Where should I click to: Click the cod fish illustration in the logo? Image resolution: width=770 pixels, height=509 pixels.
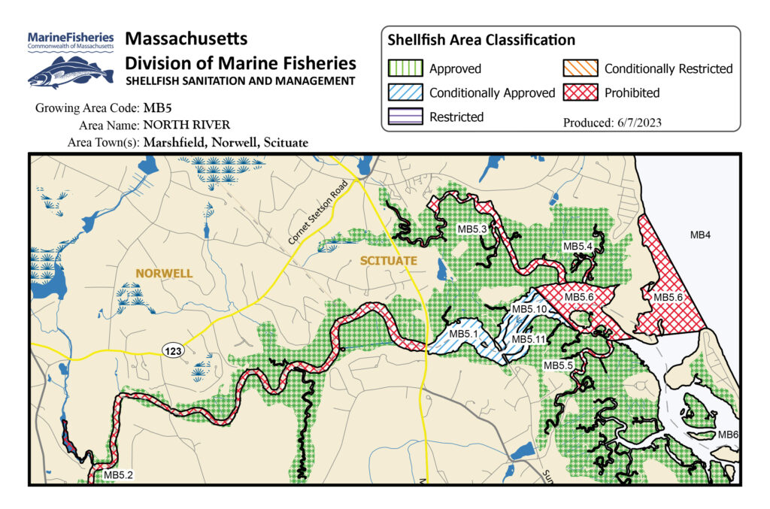coord(68,73)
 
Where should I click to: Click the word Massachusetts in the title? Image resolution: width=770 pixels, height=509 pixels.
coord(186,38)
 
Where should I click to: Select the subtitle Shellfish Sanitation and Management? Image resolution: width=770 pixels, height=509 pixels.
coord(240,81)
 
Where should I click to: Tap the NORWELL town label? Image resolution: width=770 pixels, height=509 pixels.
coord(164,274)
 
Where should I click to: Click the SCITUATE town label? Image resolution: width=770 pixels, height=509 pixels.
coord(387,261)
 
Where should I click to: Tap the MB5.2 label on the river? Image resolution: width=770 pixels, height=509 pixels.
coord(119,474)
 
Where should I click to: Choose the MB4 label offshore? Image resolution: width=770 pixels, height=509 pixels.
coord(700,235)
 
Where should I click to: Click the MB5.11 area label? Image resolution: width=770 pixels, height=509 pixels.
coord(528,340)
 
